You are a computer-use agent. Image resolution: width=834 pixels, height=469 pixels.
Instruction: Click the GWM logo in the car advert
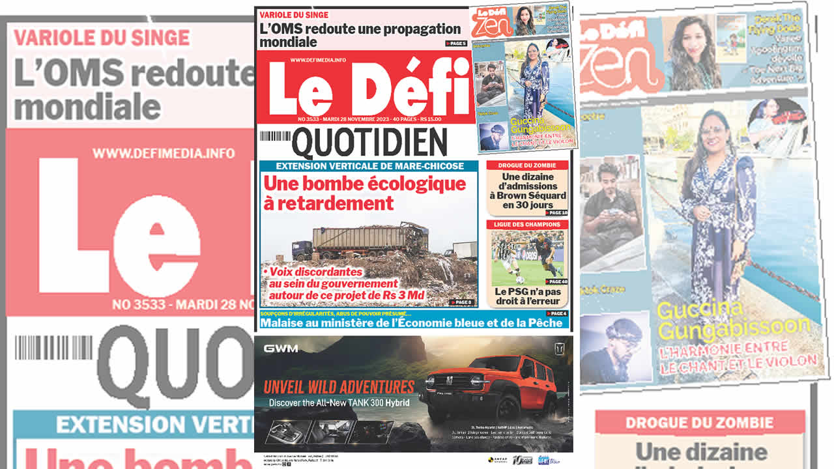coord(281,348)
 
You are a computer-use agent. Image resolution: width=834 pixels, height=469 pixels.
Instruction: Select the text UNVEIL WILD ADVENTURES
coord(339,386)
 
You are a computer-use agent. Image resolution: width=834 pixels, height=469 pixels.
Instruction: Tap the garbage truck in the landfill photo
coord(365,240)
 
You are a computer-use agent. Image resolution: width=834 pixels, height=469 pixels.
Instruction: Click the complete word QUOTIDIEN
coord(369,143)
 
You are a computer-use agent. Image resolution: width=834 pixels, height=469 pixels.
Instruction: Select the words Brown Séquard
coord(528,195)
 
